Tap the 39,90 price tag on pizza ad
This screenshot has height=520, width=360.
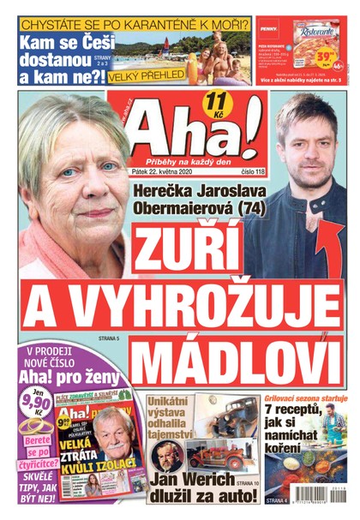[325, 54]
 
